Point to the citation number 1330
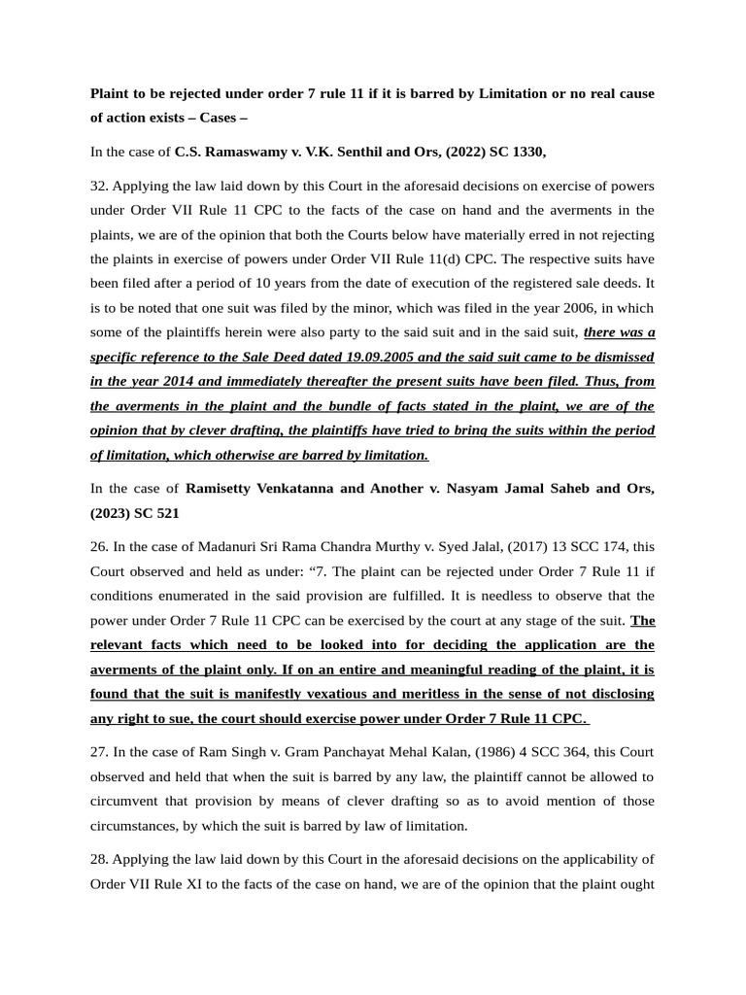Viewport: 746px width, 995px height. (x=526, y=152)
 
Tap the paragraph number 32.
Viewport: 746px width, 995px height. (x=99, y=186)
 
